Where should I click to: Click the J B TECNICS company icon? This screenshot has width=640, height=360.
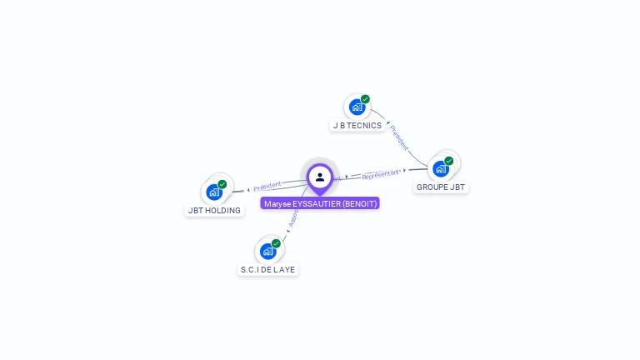[357, 107]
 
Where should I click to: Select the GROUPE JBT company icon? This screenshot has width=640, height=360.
[441, 168]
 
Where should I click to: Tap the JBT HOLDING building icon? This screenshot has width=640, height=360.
[214, 192]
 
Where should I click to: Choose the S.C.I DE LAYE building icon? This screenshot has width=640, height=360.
[267, 251]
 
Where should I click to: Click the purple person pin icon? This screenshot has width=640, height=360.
[320, 177]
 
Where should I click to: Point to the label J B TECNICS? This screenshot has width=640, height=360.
[357, 126]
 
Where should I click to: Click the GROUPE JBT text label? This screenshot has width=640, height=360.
[441, 187]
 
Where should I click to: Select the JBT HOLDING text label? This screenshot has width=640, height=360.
[214, 211]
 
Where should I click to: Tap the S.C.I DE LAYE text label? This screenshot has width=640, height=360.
[268, 270]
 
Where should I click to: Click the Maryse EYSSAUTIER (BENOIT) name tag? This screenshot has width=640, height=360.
[320, 203]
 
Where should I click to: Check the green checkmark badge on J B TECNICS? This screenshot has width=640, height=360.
[365, 99]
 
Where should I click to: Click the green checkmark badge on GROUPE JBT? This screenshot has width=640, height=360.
[449, 161]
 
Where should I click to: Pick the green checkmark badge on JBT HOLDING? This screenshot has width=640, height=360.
[222, 184]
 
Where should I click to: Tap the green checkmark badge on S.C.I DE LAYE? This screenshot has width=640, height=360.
[276, 243]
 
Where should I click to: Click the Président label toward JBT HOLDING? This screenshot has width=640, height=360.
[267, 186]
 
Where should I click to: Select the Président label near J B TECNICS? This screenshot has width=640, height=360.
[399, 137]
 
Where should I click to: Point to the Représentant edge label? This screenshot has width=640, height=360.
[382, 174]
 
